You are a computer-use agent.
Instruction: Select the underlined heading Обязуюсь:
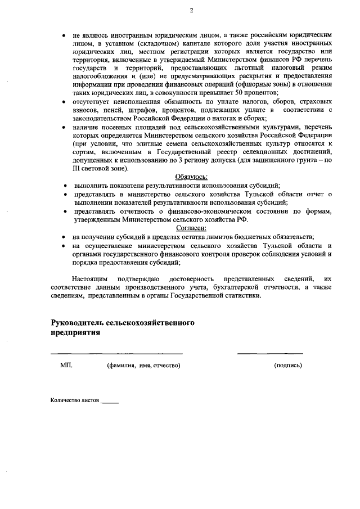(191, 177)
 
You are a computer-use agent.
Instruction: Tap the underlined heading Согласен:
(191, 228)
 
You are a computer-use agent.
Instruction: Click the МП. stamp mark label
(66, 366)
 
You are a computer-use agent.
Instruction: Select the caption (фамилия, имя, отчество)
(143, 366)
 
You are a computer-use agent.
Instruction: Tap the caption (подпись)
(288, 366)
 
